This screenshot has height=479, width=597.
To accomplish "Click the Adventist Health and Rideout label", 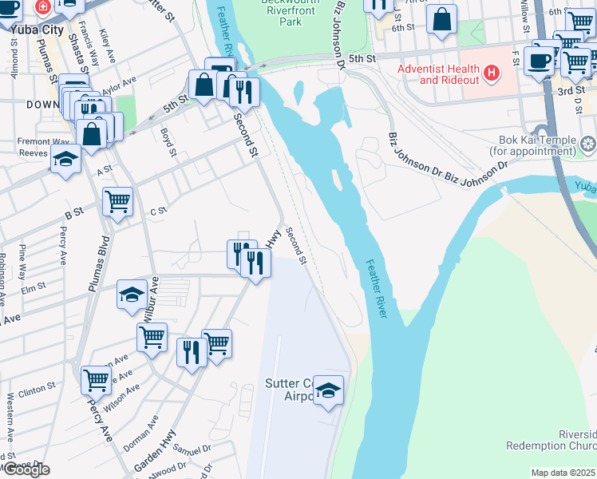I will click(440, 74).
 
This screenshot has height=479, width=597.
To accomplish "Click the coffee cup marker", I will click(540, 60).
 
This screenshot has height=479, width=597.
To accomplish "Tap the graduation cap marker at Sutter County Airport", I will click(328, 390).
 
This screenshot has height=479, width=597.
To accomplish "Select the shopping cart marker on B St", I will click(118, 201).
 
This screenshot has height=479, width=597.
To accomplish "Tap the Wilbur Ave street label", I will click(149, 299).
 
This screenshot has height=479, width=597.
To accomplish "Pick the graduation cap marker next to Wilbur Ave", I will click(132, 295).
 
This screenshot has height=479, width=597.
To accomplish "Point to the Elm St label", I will click(34, 287).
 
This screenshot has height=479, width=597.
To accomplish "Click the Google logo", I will click(26, 469).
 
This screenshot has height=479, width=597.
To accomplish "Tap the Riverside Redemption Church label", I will click(551, 438).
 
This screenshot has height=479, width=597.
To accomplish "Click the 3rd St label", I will click(571, 92).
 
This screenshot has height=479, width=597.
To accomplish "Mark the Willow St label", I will click(524, 10).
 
